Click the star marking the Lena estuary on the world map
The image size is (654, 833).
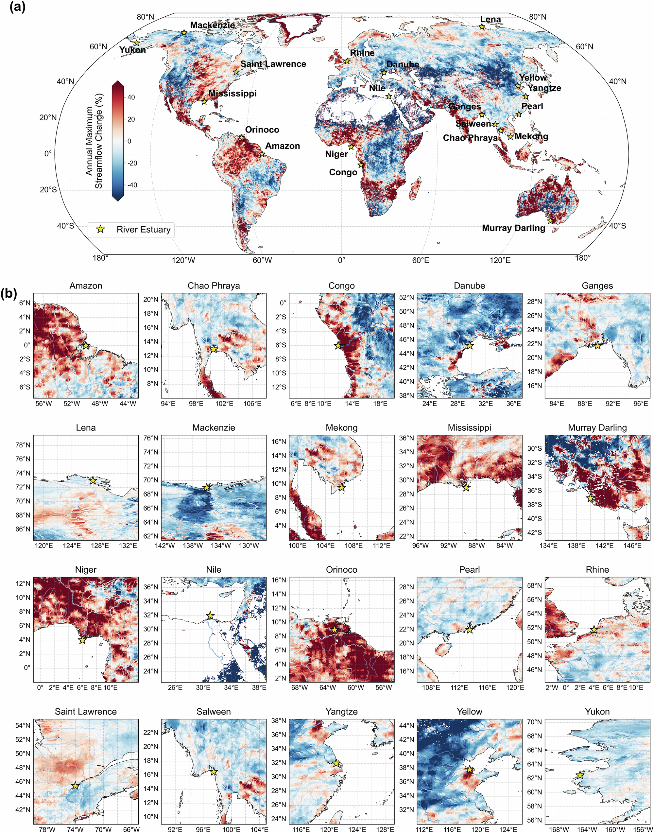point(482,27)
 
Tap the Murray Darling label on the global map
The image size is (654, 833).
point(513,228)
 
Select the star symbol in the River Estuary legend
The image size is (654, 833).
point(101,229)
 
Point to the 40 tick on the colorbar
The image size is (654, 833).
point(131,97)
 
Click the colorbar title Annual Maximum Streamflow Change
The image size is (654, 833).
point(94,141)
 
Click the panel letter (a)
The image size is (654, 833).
point(17,7)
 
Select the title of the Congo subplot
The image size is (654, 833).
point(341,286)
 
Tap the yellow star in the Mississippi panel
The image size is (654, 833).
point(466,488)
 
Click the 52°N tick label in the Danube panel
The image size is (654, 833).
point(407,297)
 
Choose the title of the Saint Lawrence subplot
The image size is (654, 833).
point(86,712)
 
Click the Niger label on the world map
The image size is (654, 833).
point(336,154)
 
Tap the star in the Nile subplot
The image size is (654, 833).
point(210,616)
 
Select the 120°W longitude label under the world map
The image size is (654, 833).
point(183,260)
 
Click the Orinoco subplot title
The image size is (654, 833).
point(341,569)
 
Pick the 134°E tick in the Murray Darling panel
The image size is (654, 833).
point(548,546)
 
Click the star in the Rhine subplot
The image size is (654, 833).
point(594,630)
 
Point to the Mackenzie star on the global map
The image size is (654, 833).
point(184,33)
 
